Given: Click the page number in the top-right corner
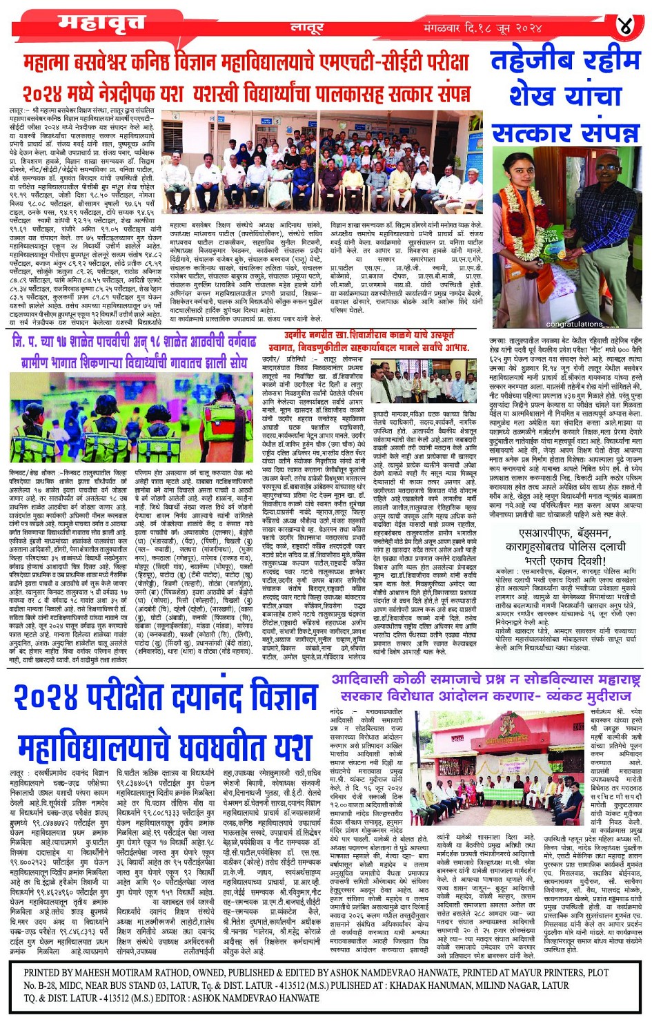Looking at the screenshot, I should [x=625, y=27].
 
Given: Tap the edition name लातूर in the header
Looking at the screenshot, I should [x=307, y=28].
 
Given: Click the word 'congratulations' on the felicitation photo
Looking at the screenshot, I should [x=574, y=323].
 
